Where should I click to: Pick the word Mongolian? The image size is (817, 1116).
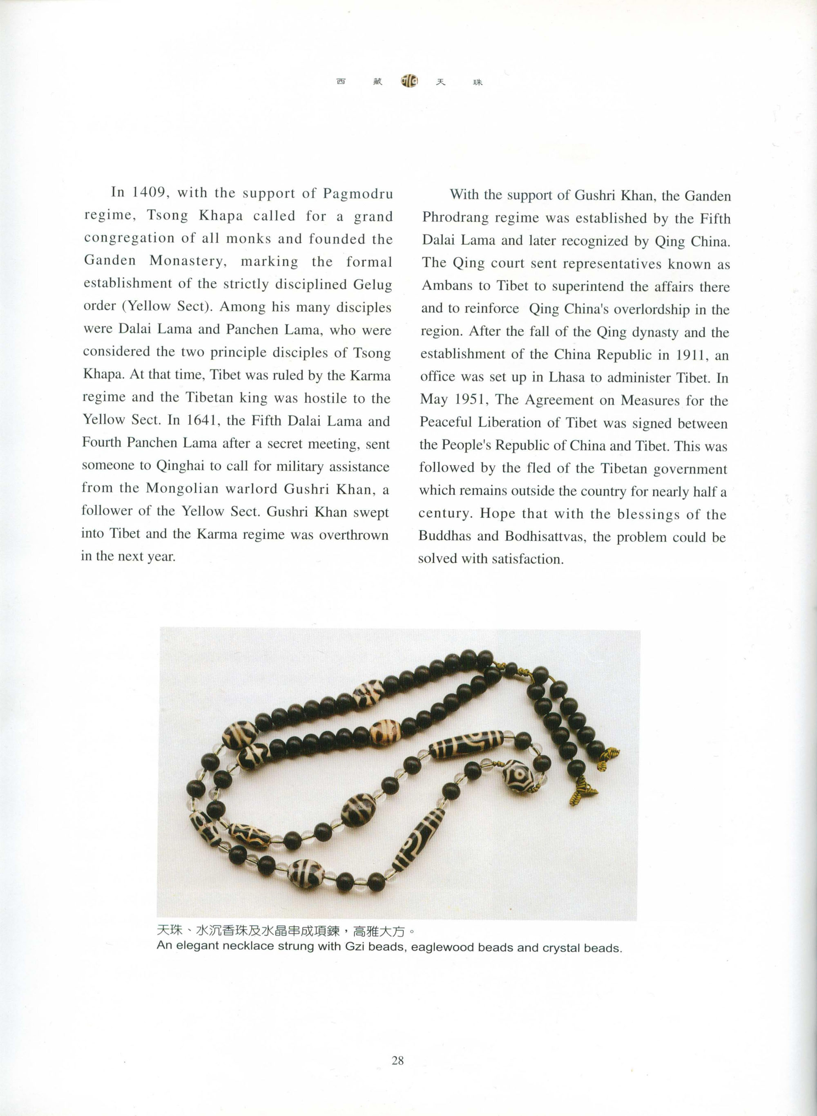click(182, 488)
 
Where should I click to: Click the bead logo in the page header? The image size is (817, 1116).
click(409, 81)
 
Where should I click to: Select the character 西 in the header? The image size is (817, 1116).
click(341, 82)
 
